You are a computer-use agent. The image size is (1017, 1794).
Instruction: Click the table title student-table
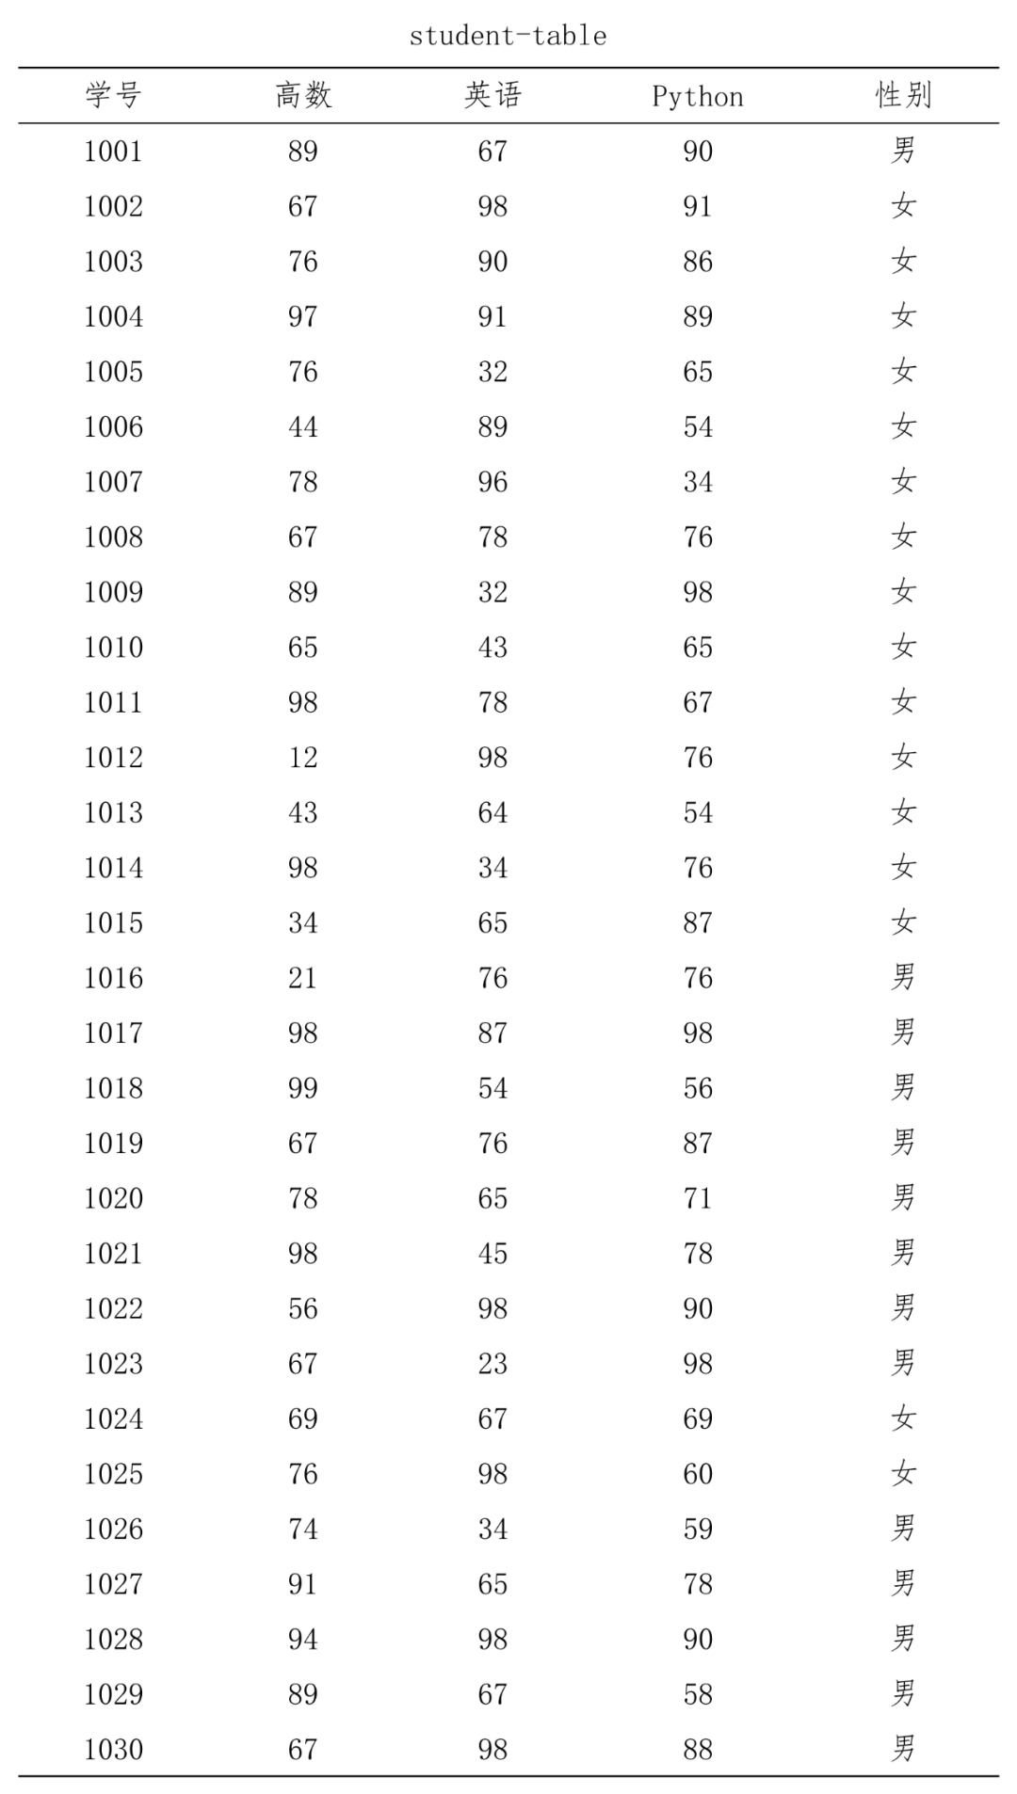point(508,36)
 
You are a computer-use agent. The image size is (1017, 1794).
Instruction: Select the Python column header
point(697,96)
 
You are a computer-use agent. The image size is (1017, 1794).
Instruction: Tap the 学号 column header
point(113,95)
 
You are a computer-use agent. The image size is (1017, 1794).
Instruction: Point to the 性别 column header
point(903,95)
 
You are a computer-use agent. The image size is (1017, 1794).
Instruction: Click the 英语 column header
point(492,95)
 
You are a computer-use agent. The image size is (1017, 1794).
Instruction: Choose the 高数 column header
point(303,95)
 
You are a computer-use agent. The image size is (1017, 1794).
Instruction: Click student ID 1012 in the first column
point(113,758)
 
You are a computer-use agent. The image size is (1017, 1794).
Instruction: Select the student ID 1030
point(113,1750)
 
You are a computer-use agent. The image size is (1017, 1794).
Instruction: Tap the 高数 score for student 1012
point(303,758)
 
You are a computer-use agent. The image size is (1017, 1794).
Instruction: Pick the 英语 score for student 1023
point(492,1364)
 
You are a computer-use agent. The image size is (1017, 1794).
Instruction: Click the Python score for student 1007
point(698,482)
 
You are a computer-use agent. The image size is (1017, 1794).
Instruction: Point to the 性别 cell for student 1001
point(903,151)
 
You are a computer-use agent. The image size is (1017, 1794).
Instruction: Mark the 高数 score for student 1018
point(303,1088)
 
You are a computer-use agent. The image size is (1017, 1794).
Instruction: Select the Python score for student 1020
point(698,1198)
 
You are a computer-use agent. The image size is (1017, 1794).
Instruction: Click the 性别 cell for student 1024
point(903,1418)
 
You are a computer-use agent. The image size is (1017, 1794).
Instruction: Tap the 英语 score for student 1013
point(492,812)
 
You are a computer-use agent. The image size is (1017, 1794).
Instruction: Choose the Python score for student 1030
point(698,1750)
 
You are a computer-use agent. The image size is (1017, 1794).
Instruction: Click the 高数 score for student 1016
point(303,978)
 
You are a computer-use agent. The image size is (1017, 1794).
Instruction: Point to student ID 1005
point(113,372)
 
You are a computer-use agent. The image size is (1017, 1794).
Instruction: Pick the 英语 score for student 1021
point(492,1254)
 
